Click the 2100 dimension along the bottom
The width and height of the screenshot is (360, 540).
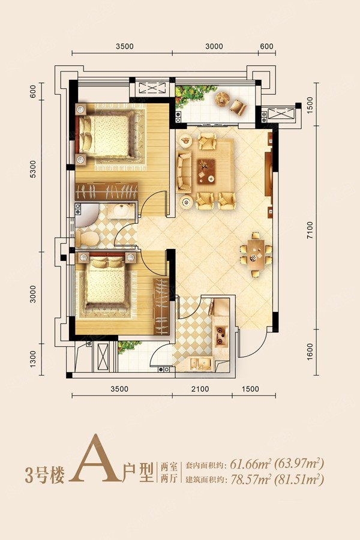point(200,389)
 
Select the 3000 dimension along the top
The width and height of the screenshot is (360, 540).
point(214,46)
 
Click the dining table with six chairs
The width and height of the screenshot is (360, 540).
point(256,254)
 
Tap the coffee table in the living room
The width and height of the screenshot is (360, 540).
point(206,170)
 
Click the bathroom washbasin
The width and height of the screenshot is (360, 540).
point(121,211)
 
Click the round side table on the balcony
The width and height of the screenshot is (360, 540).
point(222,98)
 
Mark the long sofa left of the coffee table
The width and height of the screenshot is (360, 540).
point(184,171)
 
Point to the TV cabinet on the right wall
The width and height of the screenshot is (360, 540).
point(269,174)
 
